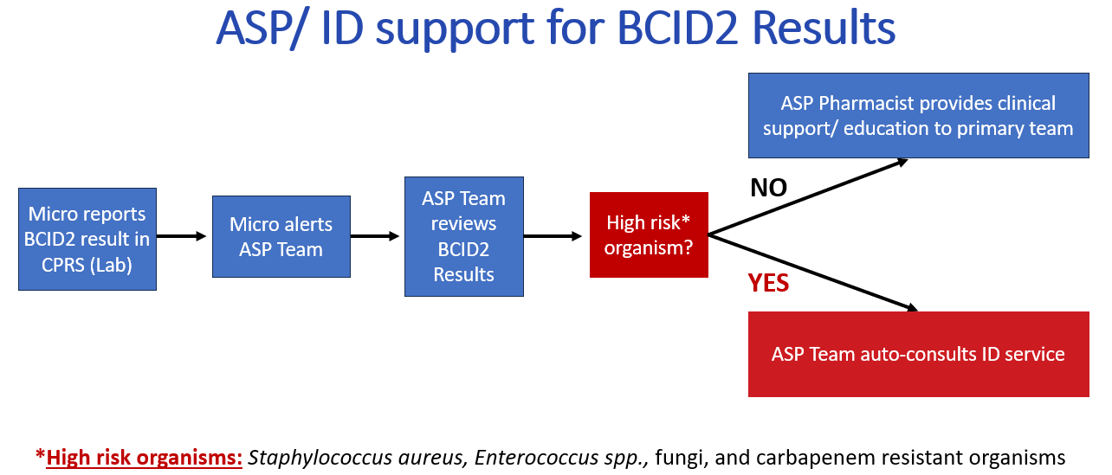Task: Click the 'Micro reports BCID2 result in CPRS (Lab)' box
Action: click(x=87, y=239)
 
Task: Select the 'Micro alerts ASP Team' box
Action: click(x=281, y=236)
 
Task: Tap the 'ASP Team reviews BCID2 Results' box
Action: click(x=464, y=236)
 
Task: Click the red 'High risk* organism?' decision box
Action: click(x=649, y=234)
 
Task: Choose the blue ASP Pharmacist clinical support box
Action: click(x=919, y=116)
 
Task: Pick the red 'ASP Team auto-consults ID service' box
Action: click(x=919, y=354)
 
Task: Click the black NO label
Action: click(x=768, y=188)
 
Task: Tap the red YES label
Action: click(x=768, y=283)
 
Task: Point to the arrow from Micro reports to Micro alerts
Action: click(x=181, y=236)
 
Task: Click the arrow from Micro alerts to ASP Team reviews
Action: click(x=375, y=236)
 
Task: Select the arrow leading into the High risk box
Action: click(x=553, y=236)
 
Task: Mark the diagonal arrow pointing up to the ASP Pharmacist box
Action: click(x=808, y=197)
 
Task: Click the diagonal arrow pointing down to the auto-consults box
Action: click(x=813, y=273)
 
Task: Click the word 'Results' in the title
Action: click(x=824, y=28)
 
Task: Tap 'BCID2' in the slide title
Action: click(x=677, y=28)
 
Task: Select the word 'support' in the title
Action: click(x=454, y=29)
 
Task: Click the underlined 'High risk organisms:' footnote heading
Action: click(x=144, y=457)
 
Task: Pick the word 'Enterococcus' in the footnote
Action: click(x=536, y=457)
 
